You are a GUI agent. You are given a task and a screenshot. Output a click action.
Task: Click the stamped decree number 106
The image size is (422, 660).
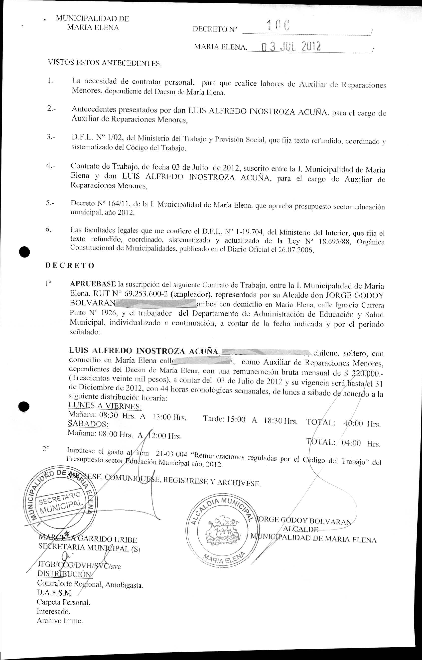(278, 25)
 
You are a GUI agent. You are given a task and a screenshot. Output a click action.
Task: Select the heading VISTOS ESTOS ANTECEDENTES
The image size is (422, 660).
(105, 63)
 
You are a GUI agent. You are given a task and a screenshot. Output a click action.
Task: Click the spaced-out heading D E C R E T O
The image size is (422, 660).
(70, 265)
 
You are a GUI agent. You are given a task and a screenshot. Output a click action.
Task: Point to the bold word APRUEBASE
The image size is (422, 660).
(93, 284)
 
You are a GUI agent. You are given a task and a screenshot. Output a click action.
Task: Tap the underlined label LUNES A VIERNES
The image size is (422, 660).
(105, 406)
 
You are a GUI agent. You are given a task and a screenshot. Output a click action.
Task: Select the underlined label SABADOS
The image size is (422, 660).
(88, 424)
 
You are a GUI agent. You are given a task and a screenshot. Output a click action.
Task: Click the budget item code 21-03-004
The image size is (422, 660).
(171, 454)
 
